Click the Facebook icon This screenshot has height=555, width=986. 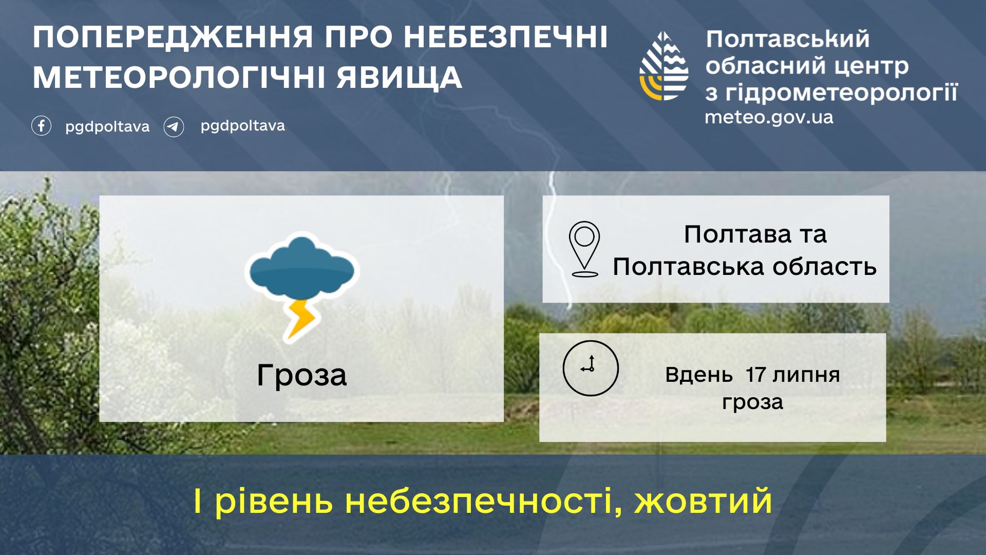[x=41, y=126]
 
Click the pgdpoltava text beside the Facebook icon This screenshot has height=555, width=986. [x=107, y=127]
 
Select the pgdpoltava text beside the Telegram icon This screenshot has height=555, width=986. [x=242, y=126]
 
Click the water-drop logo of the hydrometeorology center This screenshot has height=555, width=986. [x=664, y=66]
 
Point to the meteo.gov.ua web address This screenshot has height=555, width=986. [x=769, y=117]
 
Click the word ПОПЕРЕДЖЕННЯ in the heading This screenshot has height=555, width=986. [x=173, y=37]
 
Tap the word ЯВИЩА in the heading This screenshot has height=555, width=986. [x=400, y=78]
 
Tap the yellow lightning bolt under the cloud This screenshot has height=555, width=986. [x=300, y=319]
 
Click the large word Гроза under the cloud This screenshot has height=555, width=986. [x=302, y=375]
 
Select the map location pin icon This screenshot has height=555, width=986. [x=584, y=249]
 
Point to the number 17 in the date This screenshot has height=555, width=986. [x=756, y=375]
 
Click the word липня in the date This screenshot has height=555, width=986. [x=806, y=375]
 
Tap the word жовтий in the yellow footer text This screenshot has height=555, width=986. [x=704, y=501]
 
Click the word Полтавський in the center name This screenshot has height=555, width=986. [x=788, y=40]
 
